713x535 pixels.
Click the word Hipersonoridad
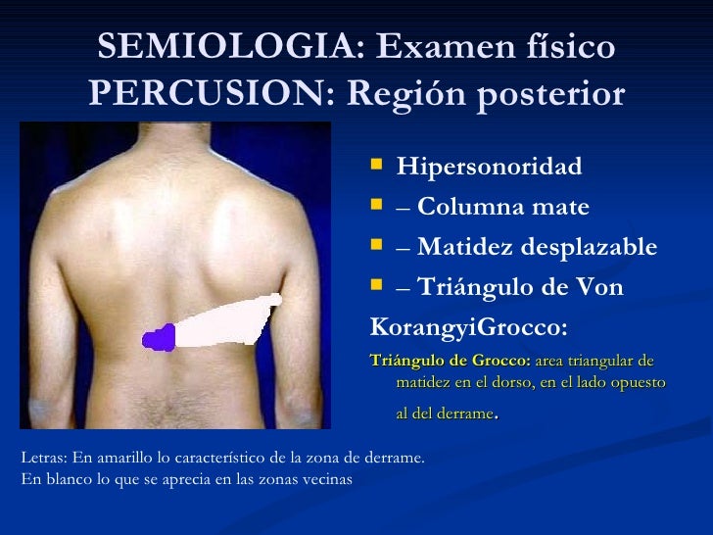coord(489,166)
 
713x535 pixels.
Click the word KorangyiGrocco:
coord(469,324)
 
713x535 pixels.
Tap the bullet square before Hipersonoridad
coord(379,164)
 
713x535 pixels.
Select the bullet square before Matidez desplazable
coord(379,245)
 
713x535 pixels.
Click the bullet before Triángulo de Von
coord(379,285)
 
